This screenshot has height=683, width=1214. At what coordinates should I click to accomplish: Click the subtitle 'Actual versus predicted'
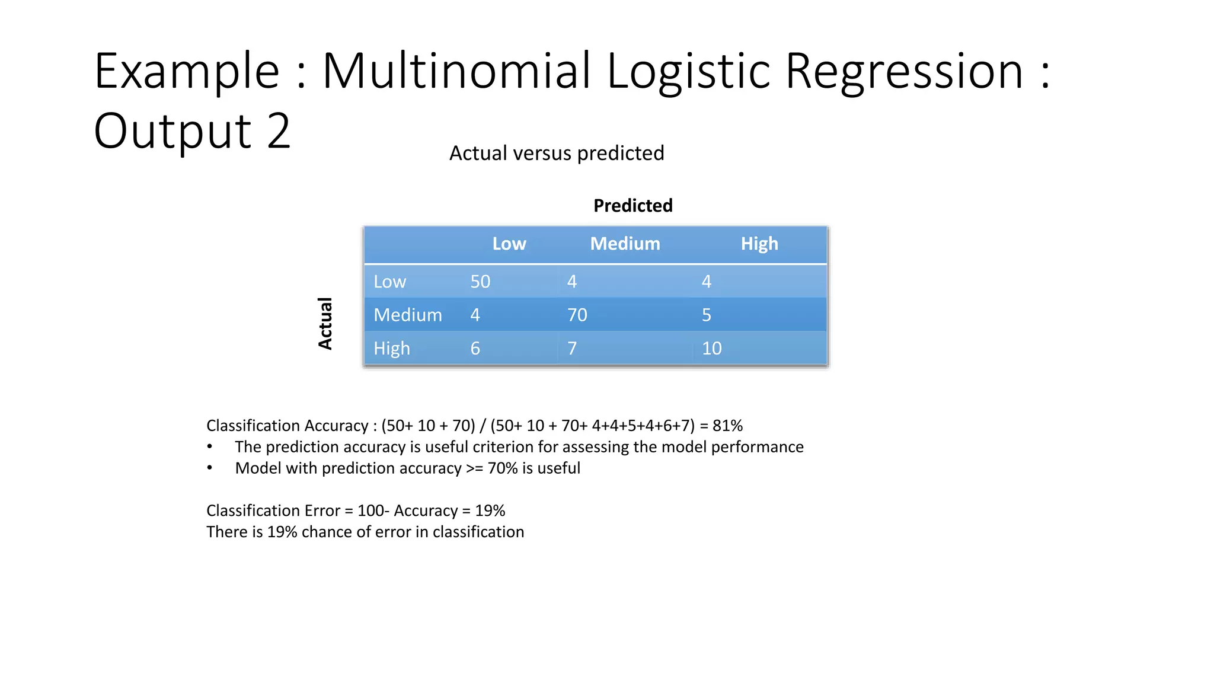pos(557,153)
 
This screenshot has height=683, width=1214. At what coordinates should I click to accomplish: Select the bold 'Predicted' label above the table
pos(632,206)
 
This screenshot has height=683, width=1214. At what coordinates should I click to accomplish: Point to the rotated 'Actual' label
pos(325,324)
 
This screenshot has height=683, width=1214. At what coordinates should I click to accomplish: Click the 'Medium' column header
pos(625,244)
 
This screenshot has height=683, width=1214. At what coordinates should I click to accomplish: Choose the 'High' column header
pos(759,244)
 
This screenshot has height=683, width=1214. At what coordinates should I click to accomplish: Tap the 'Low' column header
pos(509,244)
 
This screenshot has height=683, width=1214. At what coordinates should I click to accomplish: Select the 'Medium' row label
pos(408,315)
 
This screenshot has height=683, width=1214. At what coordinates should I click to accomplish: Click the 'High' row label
pos(392,348)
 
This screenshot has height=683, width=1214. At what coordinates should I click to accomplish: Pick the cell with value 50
pos(480,282)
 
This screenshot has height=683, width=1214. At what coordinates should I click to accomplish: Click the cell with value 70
pos(577,315)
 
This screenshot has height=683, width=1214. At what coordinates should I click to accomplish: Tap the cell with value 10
pos(711,348)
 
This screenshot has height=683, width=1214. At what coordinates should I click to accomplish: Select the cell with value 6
pos(475,348)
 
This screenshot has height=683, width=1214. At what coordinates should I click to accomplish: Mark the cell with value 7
pos(571,348)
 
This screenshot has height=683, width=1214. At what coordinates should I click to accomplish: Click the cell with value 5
pos(706,315)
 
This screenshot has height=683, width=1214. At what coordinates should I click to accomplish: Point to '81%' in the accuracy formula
pos(727,426)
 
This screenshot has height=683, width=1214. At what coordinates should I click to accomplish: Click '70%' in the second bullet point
pos(503,468)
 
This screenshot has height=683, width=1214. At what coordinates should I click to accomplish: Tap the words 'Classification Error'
pos(273,510)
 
